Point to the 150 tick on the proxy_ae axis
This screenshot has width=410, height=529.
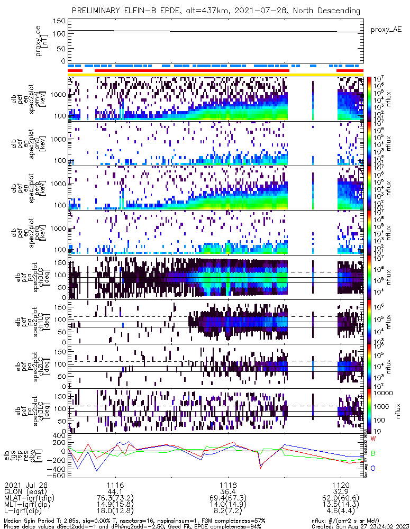[x=59, y=21]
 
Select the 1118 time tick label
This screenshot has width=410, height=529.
[x=228, y=485]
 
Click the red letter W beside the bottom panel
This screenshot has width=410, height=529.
[x=373, y=439]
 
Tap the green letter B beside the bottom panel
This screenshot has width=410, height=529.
[x=373, y=453]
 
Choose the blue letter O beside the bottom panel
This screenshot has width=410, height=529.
[x=373, y=468]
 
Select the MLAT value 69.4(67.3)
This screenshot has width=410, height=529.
[x=228, y=498]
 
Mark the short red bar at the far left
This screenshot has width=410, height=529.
[x=75, y=70]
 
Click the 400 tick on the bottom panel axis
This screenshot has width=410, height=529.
[x=59, y=435]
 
